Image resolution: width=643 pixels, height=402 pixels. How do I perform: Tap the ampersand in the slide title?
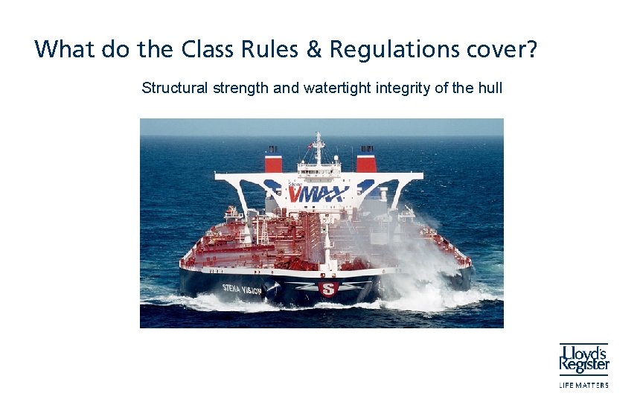tap(315, 49)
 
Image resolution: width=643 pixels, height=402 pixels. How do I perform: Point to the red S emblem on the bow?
tap(327, 289)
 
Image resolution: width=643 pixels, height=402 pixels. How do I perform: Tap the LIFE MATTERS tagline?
tap(584, 385)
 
